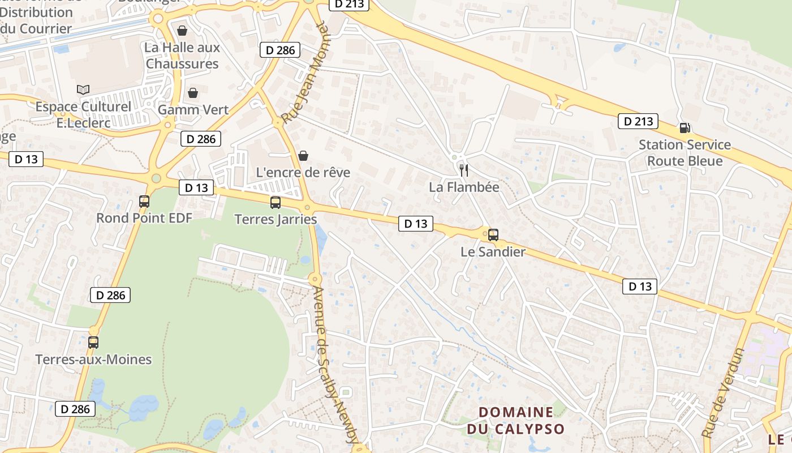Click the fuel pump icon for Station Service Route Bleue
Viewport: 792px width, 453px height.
(685, 128)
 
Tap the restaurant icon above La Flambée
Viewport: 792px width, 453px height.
(463, 170)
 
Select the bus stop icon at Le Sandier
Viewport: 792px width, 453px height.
(493, 235)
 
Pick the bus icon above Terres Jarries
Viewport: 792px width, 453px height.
(276, 203)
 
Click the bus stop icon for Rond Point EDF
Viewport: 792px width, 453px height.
(144, 202)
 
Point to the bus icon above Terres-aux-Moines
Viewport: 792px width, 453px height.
(93, 343)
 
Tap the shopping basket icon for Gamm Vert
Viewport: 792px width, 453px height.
(193, 93)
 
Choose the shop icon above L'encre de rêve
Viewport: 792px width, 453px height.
(303, 156)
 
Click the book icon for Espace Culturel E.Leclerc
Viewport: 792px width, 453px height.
(83, 89)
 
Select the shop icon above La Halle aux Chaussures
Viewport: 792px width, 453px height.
(182, 31)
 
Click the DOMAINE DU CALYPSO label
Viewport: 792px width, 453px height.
(516, 420)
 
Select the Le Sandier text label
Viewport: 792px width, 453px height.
(493, 252)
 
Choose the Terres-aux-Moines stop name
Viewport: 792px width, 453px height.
(93, 360)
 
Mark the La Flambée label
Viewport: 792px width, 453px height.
(464, 187)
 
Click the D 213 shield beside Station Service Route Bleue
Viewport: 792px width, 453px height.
(638, 121)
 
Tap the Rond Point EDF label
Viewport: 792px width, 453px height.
(144, 218)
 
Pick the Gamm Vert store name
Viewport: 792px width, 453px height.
(193, 109)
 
